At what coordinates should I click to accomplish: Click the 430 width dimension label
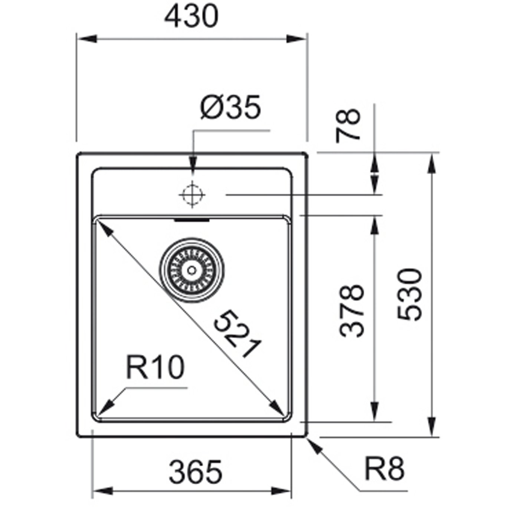coord(191,16)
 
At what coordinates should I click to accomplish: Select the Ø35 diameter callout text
coord(230,107)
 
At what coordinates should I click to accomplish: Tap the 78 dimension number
coord(348,125)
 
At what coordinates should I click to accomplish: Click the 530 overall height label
coord(409,295)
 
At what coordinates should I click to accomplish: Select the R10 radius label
coord(155,367)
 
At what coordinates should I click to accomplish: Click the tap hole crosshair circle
coord(192,195)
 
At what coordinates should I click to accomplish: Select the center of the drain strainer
coord(192,270)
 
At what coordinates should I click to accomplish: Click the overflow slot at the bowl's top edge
coord(192,220)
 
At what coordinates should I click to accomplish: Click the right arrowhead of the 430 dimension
coord(296,39)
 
